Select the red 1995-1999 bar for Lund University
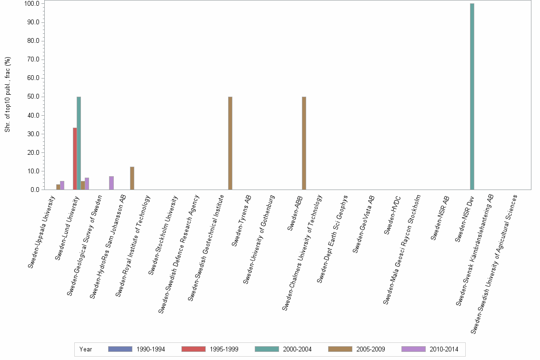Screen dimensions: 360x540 [75, 159]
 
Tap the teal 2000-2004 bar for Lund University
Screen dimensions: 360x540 [79, 143]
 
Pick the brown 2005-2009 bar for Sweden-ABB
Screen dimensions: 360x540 [304, 143]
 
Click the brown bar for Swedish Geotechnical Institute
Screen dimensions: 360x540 [230, 143]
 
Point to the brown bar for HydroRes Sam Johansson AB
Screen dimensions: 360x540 [132, 178]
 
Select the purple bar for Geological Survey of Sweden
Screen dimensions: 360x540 [111, 183]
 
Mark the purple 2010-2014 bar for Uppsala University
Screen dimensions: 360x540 [62, 185]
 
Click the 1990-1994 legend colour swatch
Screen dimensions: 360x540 [120, 349]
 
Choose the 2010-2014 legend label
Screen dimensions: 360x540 [444, 349]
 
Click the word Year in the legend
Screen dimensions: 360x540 [86, 349]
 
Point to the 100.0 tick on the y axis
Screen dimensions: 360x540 [34, 3]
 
